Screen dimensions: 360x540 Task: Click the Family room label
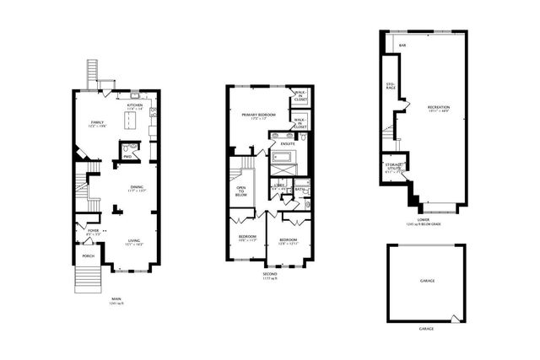(x=97, y=122)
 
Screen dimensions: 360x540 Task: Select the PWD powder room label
(x=127, y=156)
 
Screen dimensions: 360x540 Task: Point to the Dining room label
(x=136, y=187)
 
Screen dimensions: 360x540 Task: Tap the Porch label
(x=88, y=255)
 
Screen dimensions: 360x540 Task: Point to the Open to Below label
(x=240, y=190)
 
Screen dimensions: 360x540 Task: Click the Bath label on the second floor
(x=300, y=190)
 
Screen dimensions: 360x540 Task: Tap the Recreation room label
(x=438, y=107)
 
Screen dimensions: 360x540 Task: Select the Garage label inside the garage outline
(x=427, y=280)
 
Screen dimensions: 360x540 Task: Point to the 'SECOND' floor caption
(x=269, y=273)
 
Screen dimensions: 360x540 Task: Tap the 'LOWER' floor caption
(x=424, y=220)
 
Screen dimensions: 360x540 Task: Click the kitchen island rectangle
(x=135, y=121)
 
